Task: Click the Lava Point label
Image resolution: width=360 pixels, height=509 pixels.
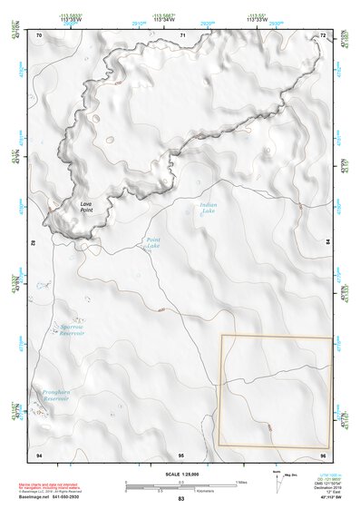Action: [86, 207]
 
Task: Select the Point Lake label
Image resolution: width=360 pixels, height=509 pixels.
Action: [152, 243]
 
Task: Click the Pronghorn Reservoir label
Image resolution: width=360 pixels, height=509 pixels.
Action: [56, 396]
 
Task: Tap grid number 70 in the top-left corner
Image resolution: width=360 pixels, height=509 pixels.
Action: [40, 34]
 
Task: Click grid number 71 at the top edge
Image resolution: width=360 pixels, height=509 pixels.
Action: [182, 34]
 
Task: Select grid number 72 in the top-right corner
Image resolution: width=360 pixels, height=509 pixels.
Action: [323, 34]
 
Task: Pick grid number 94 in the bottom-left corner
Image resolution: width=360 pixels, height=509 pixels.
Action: [38, 454]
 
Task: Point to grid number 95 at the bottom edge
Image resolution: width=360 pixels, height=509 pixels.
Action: [180, 454]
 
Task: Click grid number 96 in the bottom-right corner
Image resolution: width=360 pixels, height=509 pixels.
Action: [322, 454]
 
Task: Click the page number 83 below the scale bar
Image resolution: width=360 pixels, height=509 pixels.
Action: [180, 499]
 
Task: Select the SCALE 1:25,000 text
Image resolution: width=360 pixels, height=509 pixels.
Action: [180, 474]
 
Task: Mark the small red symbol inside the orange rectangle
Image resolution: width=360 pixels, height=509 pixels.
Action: [268, 426]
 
